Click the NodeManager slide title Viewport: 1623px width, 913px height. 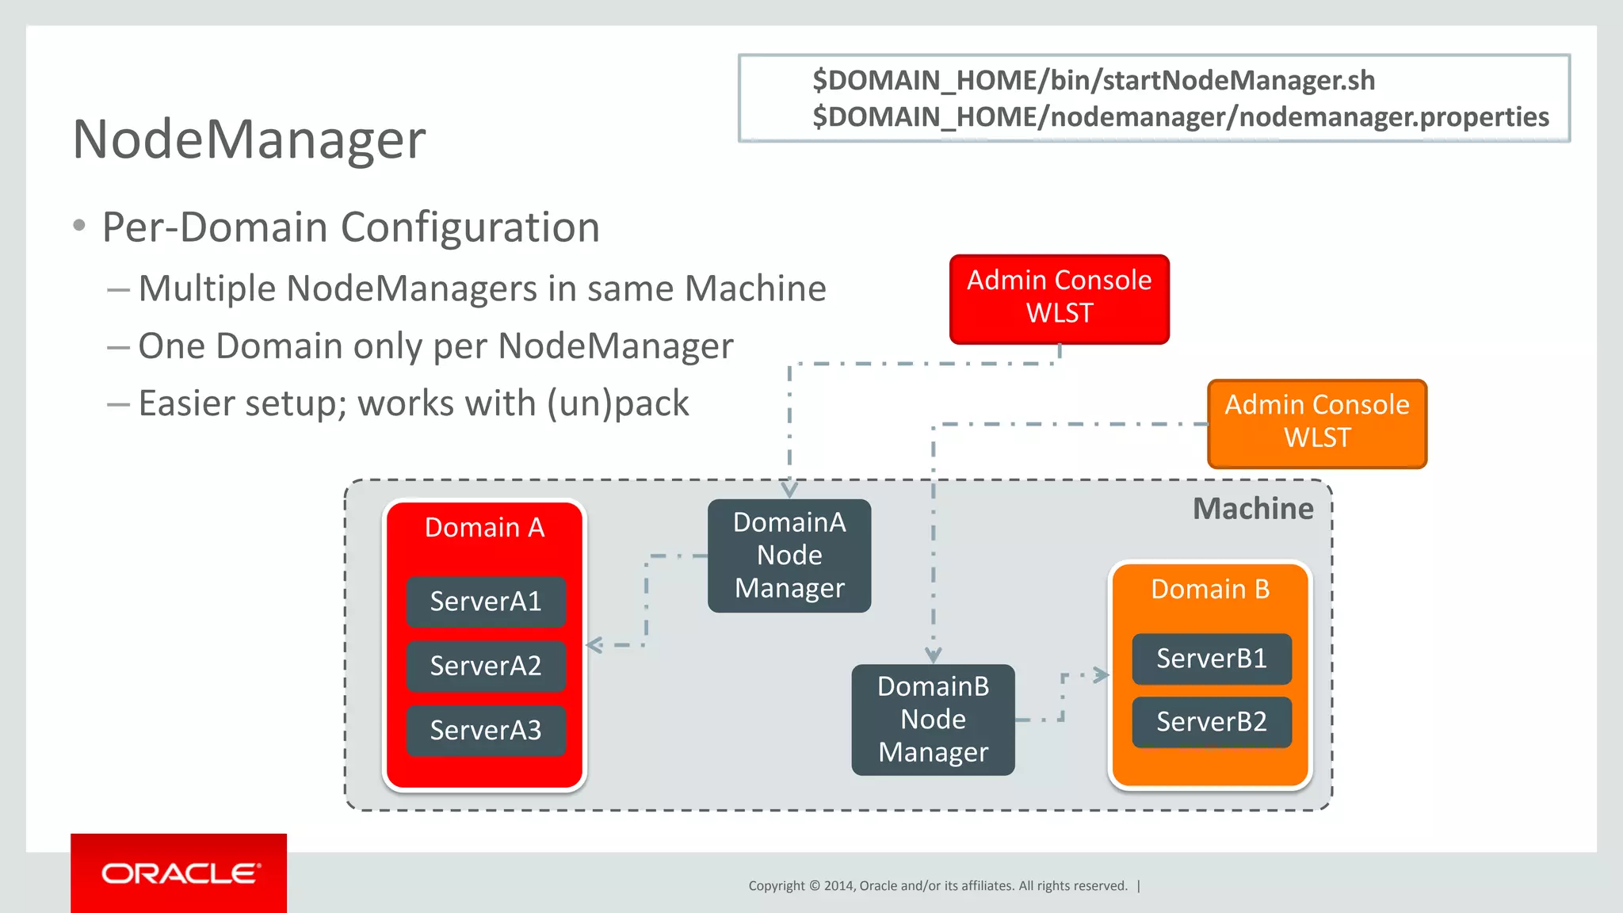point(249,139)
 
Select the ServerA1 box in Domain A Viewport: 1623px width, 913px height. point(486,602)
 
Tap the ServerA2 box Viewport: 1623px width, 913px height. point(486,666)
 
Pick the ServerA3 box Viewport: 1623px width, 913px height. point(486,730)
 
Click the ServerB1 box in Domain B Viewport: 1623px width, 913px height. point(1211,659)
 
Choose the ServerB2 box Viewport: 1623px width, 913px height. point(1211,722)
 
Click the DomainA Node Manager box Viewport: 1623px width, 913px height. point(789,556)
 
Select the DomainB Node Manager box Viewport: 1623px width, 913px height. point(933,720)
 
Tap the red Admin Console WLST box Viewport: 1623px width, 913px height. point(1059,298)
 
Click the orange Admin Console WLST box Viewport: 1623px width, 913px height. point(1316,422)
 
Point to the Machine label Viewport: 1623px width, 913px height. point(1253,509)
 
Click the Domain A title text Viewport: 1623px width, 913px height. point(484,528)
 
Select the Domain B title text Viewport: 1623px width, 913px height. point(1209,590)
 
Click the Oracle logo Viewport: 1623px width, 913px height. point(179,873)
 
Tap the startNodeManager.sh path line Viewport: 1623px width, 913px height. point(1093,81)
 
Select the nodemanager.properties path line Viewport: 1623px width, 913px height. point(1180,117)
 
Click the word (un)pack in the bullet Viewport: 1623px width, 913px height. point(617,403)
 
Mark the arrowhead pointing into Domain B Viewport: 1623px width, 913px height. point(1102,675)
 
